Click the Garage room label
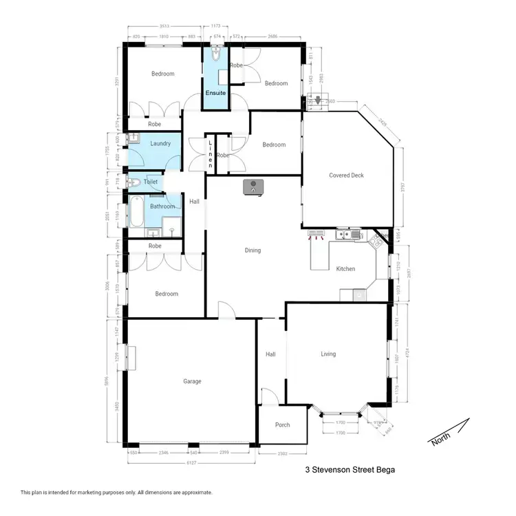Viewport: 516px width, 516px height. tap(192, 381)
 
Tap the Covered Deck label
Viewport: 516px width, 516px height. tap(346, 175)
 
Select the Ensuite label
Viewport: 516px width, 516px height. tap(215, 93)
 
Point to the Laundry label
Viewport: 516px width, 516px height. tap(160, 144)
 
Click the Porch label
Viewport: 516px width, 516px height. tap(282, 425)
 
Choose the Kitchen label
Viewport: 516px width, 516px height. tap(345, 269)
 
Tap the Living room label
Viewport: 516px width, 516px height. tap(328, 354)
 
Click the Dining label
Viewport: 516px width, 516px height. tap(252, 250)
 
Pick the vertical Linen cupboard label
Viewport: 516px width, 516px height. tap(211, 155)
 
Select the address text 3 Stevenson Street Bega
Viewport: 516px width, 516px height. tap(350, 471)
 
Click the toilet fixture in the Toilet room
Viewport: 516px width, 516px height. tap(134, 182)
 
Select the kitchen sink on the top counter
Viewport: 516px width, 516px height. tap(356, 235)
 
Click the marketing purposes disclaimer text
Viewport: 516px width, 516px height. tap(116, 493)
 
